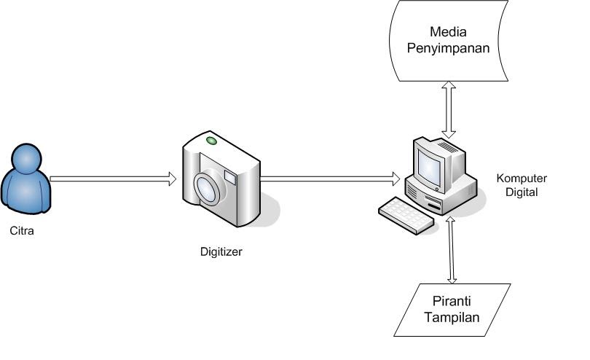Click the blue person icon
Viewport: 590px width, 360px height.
(x=27, y=183)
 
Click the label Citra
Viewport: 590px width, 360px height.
(x=23, y=232)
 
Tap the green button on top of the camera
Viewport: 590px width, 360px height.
(x=212, y=140)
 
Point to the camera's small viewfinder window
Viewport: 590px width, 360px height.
(x=230, y=176)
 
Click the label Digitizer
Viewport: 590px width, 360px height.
(x=221, y=253)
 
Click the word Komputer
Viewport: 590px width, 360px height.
(x=522, y=179)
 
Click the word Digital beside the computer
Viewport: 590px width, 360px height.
(x=522, y=192)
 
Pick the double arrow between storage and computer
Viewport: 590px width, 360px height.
(x=449, y=109)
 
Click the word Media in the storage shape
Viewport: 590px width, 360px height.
(x=448, y=32)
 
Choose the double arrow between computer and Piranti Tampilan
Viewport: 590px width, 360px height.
(x=452, y=249)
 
